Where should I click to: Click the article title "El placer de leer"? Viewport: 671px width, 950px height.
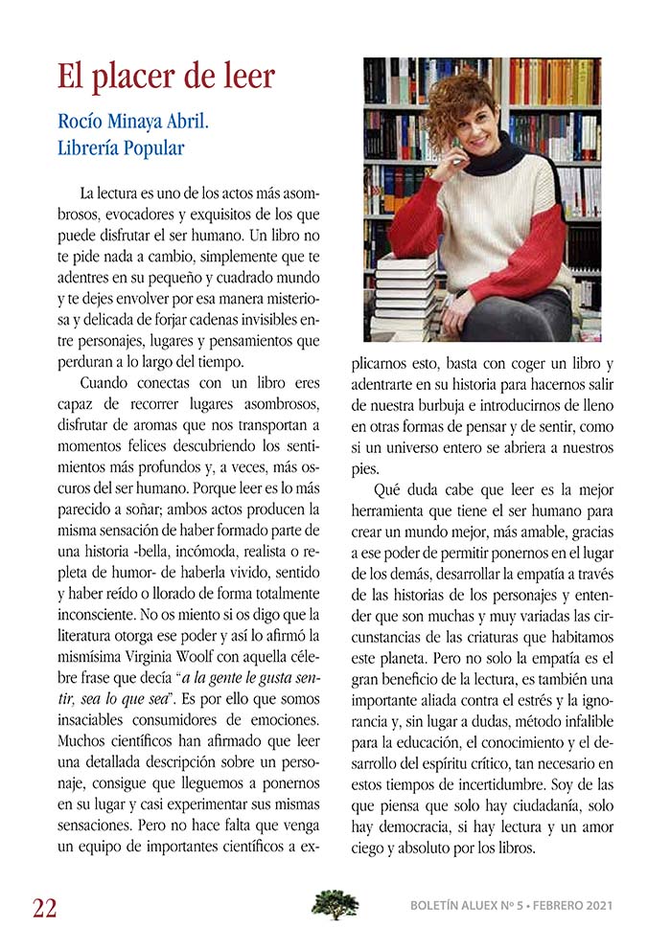click(x=166, y=76)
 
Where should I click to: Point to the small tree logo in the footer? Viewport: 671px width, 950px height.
click(x=335, y=904)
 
